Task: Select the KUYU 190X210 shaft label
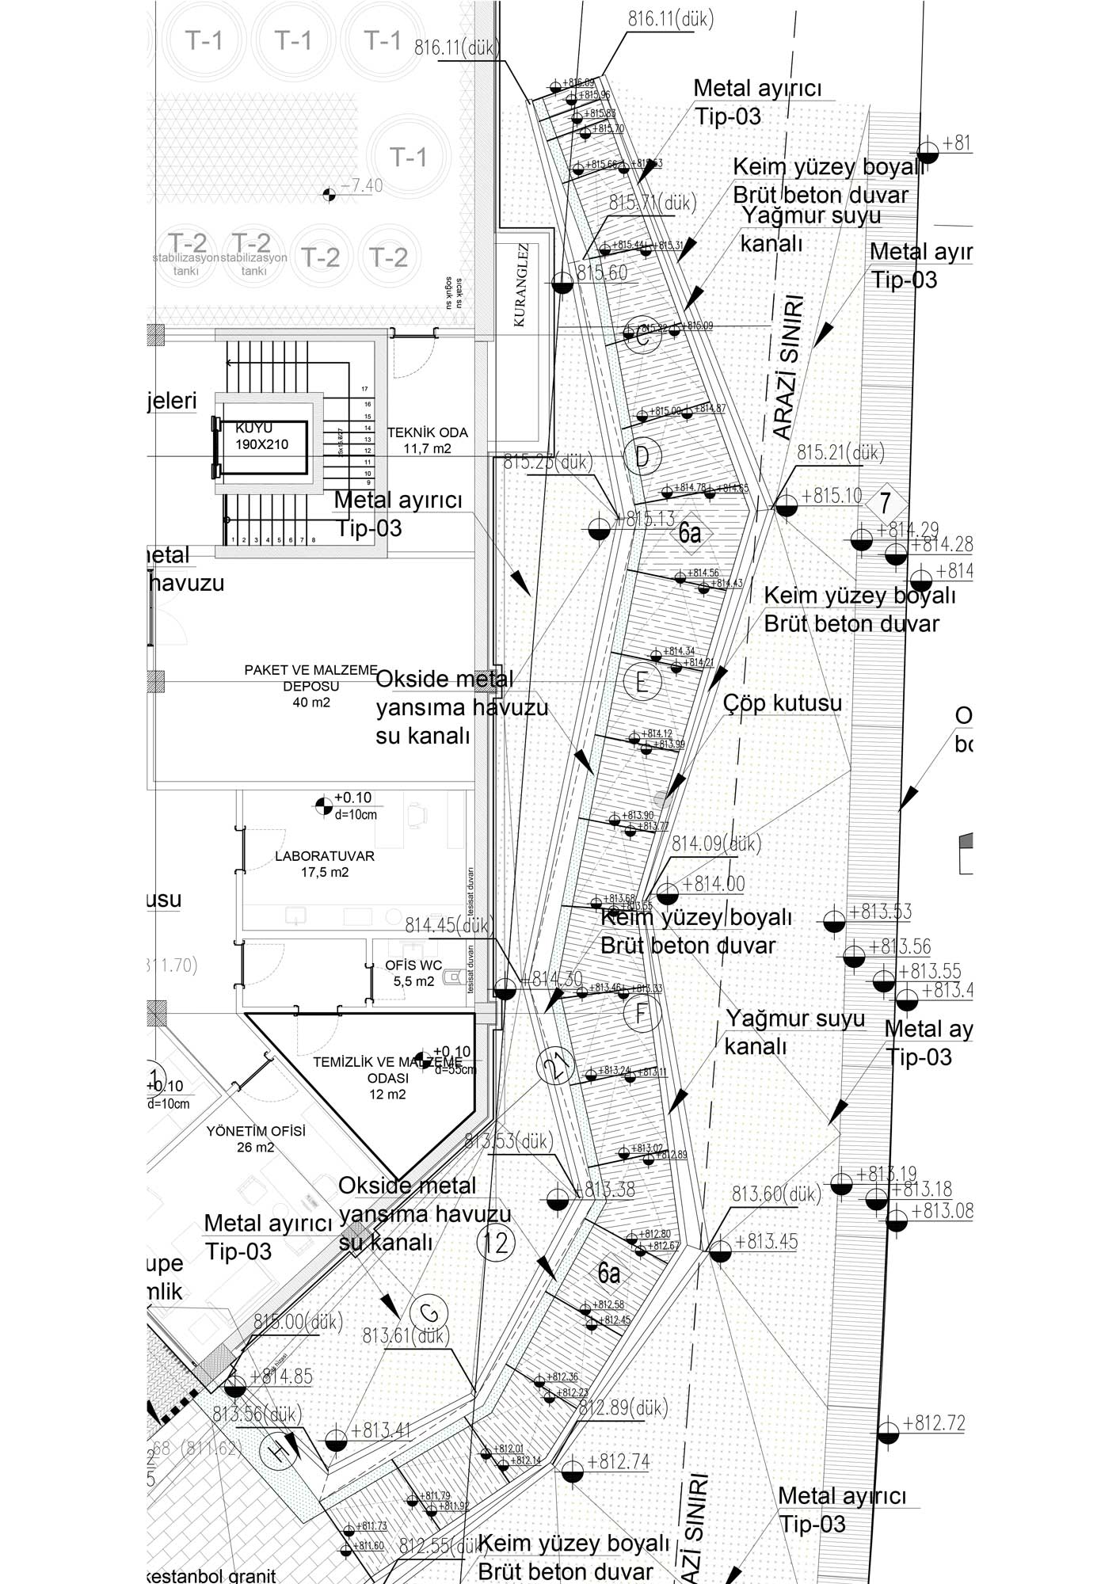[x=261, y=436]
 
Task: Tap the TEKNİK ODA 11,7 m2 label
[x=427, y=440]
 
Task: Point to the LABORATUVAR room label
[x=325, y=864]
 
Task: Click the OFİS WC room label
[x=413, y=973]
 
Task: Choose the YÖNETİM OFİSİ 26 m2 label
[x=256, y=1139]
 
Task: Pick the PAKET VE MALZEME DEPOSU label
[x=310, y=686]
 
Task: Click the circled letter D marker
[x=642, y=456]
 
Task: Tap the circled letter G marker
[x=429, y=1313]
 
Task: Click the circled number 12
[x=496, y=1243]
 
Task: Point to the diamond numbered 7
[x=885, y=503]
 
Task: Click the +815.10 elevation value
[x=832, y=496]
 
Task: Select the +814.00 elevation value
[x=713, y=884]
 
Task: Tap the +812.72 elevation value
[x=934, y=1423]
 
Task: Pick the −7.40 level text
[x=362, y=186]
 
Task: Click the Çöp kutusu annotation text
[x=782, y=703]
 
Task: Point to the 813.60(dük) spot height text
[x=776, y=1194]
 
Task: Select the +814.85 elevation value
[x=281, y=1376]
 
